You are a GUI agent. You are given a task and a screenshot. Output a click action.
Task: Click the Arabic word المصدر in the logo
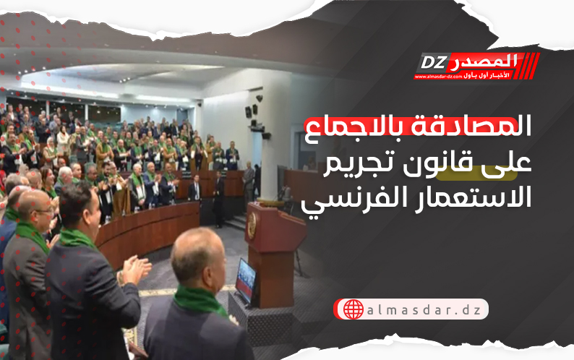coord(482,61)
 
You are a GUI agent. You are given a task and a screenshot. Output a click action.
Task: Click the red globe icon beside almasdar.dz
coord(354,309)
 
